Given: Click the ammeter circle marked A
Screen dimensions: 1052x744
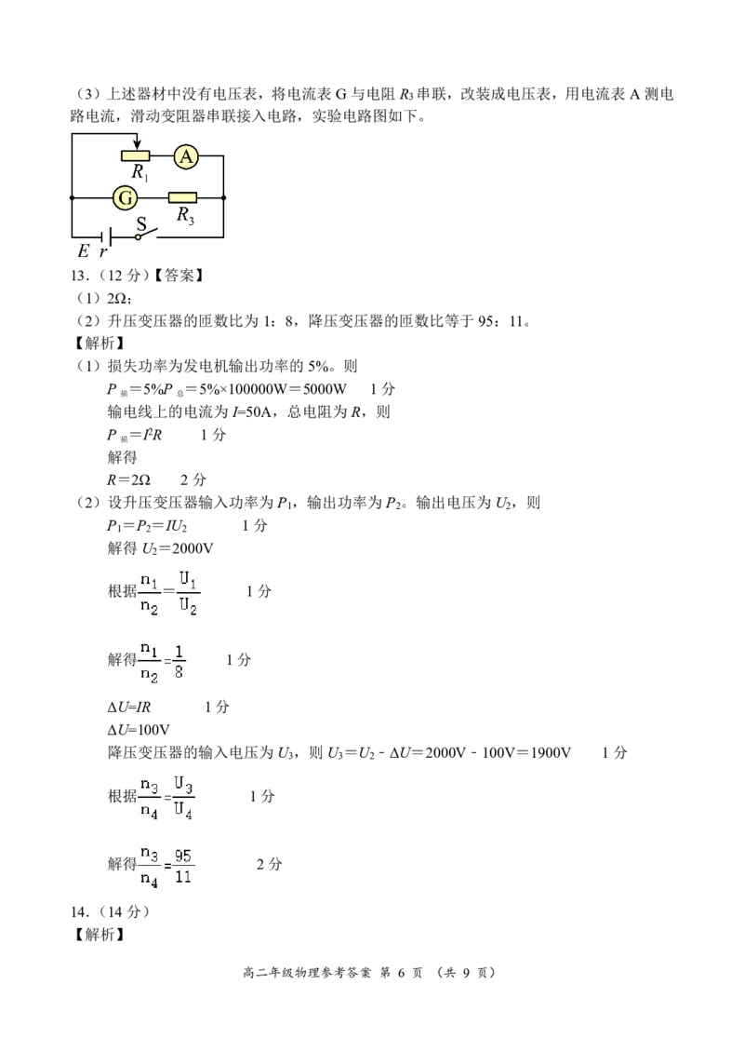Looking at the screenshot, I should (x=186, y=157).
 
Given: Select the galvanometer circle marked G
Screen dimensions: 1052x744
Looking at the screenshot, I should (x=125, y=197).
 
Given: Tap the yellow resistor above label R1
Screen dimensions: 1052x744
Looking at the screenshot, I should (x=136, y=155).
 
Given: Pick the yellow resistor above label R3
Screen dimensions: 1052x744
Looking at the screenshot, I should (x=182, y=197).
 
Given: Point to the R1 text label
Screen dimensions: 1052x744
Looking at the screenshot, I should (x=140, y=172).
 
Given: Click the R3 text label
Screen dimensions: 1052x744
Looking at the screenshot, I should (x=186, y=216).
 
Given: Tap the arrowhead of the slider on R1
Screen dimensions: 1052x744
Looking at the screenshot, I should (x=137, y=144).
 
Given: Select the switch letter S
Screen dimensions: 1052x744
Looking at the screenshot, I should (x=142, y=223).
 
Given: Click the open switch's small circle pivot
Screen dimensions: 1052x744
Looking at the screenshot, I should (x=139, y=237).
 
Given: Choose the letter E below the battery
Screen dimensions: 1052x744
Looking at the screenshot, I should (x=83, y=251).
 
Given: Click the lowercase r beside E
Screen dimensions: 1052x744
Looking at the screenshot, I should (x=102, y=252).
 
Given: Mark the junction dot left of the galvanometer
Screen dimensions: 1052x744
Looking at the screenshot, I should (x=72, y=197).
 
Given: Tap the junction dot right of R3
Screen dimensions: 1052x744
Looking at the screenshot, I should (x=224, y=197).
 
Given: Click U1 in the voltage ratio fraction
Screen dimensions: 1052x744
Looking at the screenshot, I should (x=188, y=581).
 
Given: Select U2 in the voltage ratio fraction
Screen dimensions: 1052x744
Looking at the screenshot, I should (x=188, y=607).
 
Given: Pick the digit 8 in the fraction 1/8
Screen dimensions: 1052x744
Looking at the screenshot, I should (x=179, y=672).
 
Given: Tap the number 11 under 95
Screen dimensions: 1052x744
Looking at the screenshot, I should (x=184, y=876).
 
